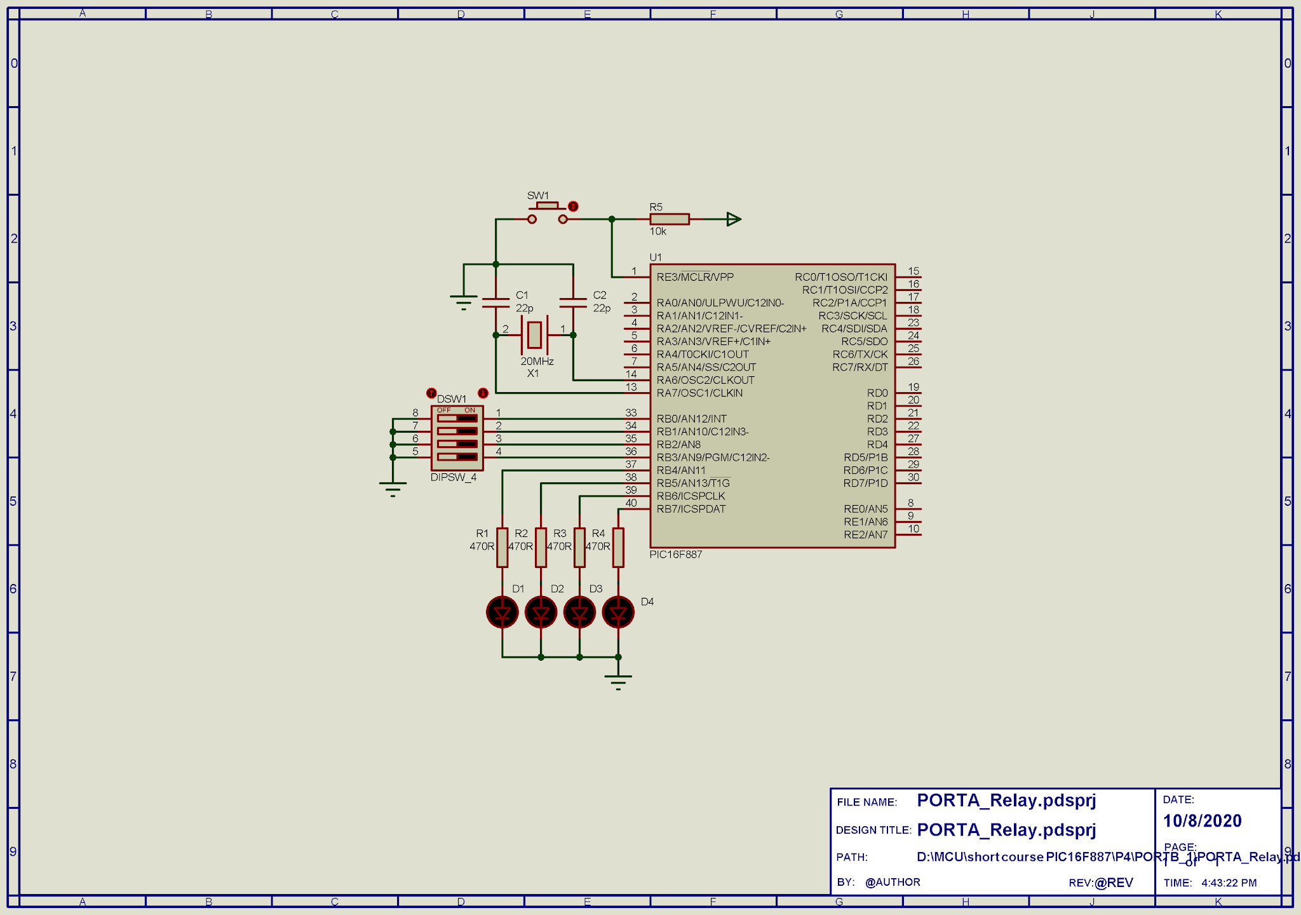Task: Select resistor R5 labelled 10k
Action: (x=670, y=219)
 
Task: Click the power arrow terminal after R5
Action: (x=733, y=219)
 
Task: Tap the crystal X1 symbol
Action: (x=534, y=335)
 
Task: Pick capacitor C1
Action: (x=496, y=303)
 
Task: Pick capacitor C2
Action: (x=573, y=303)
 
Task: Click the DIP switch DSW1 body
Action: (x=457, y=438)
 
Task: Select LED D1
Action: (x=502, y=613)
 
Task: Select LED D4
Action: (x=618, y=613)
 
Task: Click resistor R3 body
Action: (x=579, y=547)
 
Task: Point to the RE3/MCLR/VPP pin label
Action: (x=695, y=277)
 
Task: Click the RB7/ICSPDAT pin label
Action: (x=691, y=509)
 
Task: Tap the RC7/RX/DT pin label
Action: (x=859, y=367)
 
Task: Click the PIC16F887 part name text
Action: (x=676, y=555)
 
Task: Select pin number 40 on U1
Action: (x=631, y=503)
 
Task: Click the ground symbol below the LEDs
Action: (x=618, y=681)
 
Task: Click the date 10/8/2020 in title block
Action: (x=1202, y=821)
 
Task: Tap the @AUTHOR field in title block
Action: (x=893, y=882)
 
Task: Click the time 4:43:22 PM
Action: (x=1229, y=883)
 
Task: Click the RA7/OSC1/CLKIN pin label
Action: (x=699, y=393)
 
